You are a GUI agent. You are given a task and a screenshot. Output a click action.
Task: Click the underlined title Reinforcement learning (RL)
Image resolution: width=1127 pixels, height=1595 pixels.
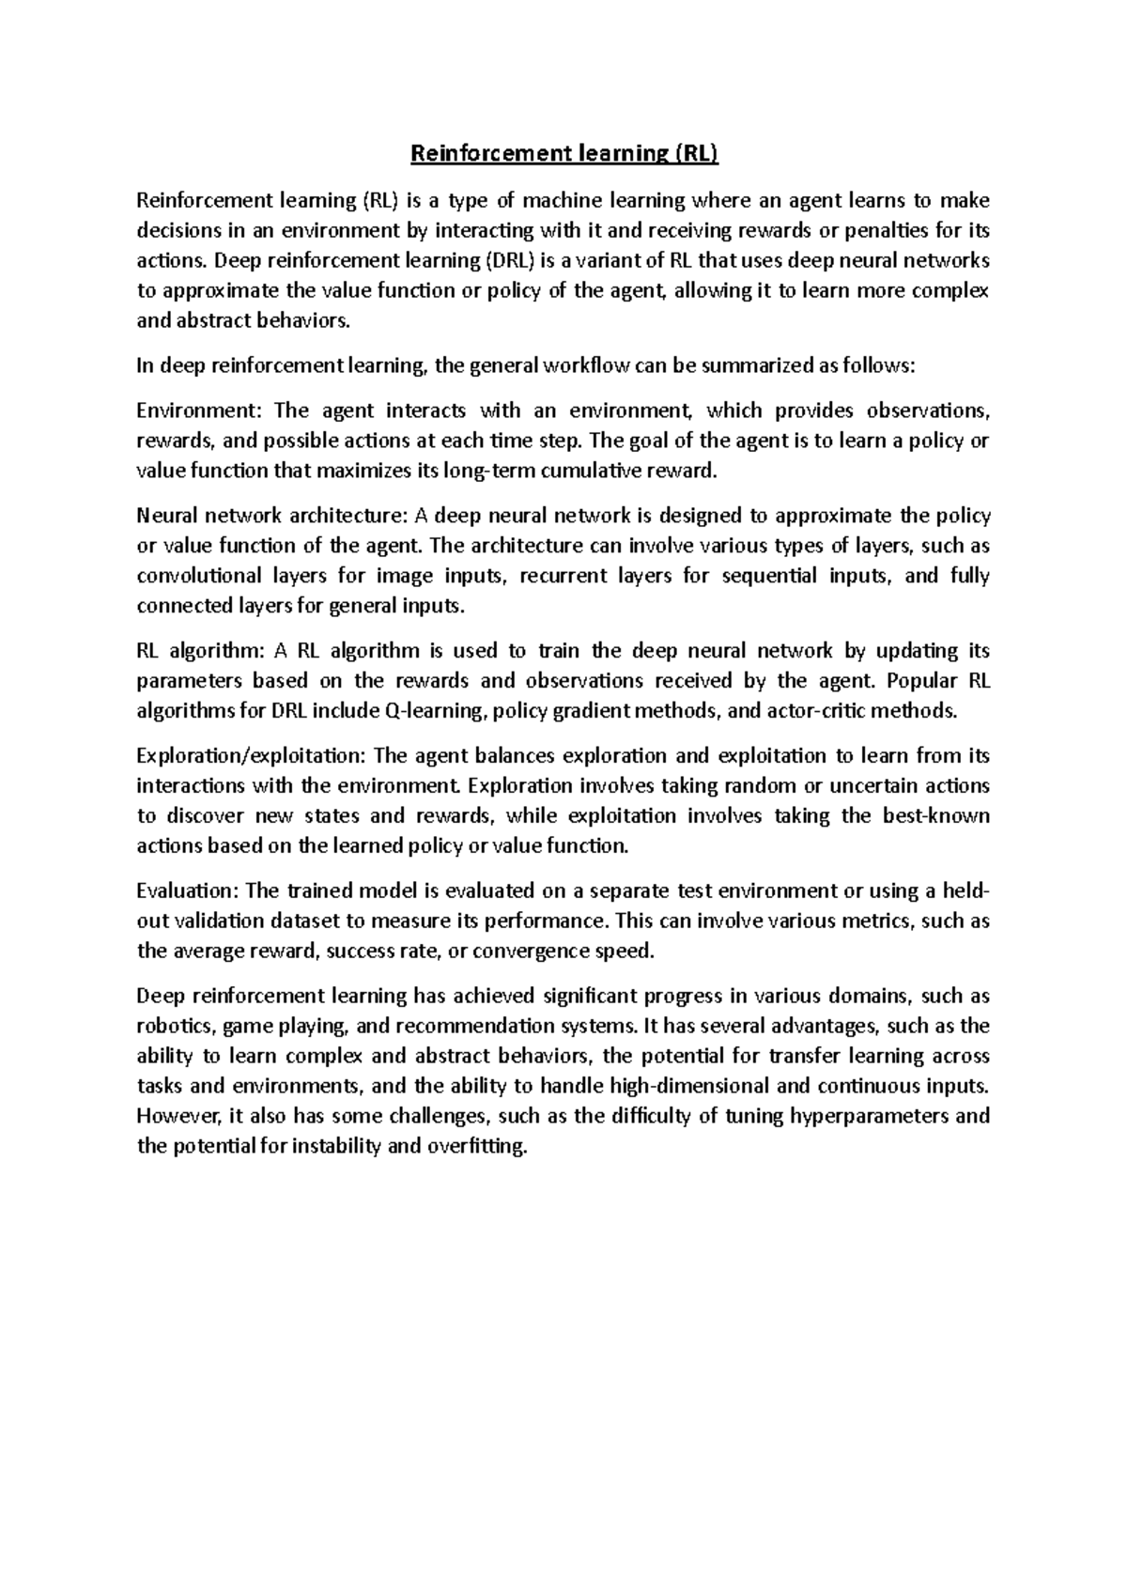click(x=563, y=154)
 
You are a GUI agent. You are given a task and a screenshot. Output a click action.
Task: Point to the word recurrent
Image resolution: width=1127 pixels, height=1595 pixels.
click(x=563, y=576)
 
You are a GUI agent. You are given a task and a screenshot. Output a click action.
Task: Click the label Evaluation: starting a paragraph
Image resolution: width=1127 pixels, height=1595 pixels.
click(x=186, y=890)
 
